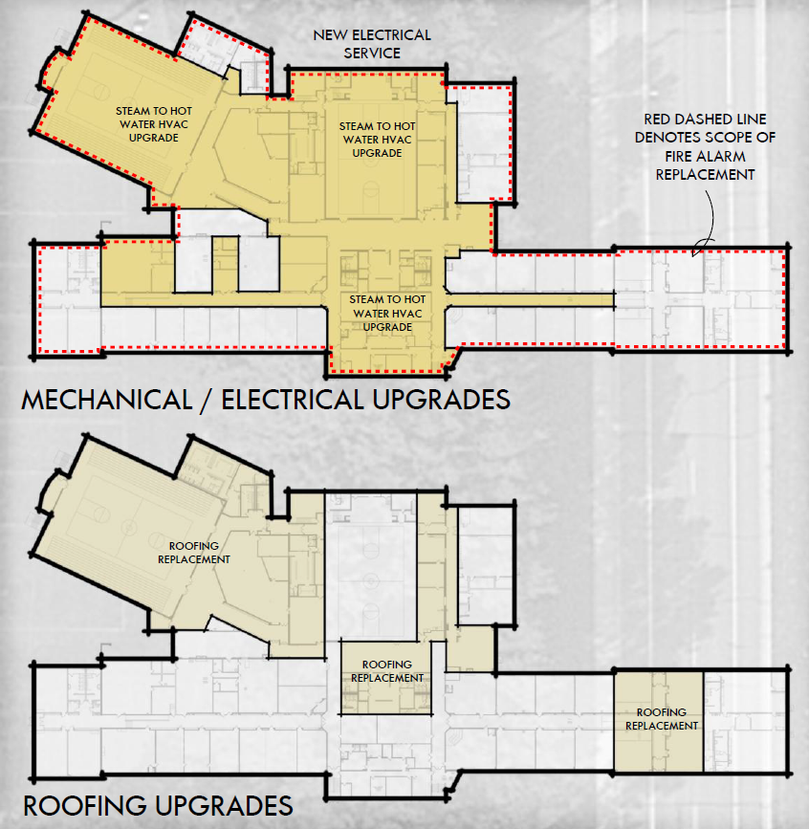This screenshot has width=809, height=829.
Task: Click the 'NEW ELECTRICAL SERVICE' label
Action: tap(372, 44)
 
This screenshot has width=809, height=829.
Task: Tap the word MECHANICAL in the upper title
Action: tap(107, 400)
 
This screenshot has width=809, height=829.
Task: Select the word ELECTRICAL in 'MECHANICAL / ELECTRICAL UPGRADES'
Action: tap(293, 400)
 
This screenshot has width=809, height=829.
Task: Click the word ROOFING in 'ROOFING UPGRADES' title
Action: tap(85, 806)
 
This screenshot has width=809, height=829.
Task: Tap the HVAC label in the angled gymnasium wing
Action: tap(153, 124)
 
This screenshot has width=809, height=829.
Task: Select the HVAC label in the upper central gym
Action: tap(377, 140)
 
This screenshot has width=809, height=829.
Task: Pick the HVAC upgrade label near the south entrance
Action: tap(387, 313)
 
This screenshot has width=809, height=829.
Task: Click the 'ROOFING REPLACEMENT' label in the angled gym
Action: tap(193, 553)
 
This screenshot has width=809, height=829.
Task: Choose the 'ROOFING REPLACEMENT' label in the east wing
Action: tap(662, 719)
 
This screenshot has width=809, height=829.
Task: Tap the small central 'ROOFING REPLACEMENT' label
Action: tap(387, 671)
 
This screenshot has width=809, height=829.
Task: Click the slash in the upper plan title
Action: tap(207, 401)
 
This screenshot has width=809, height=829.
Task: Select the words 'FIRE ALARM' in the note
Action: tap(705, 157)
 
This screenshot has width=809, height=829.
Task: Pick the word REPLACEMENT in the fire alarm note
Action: tap(705, 175)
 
